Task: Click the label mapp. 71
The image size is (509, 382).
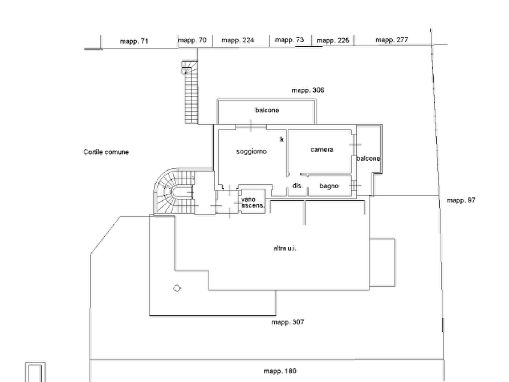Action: point(134,41)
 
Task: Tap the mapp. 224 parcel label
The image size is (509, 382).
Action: point(238,40)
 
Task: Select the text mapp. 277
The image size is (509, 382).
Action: point(392,40)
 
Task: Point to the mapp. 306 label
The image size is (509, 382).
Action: point(308,90)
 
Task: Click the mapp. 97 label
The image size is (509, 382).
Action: point(461,200)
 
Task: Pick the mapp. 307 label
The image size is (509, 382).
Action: point(288,322)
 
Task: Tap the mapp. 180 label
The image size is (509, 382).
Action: point(280,371)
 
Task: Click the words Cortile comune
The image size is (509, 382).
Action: point(106,152)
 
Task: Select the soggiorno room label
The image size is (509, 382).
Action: point(251,151)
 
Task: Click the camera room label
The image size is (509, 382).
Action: point(321,149)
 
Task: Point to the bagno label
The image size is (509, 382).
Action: point(329,186)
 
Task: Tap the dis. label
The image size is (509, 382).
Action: point(298,185)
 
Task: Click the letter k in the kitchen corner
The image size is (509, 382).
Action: point(282,139)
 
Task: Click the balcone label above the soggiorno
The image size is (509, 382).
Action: point(267,110)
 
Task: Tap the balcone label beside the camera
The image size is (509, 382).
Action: point(368,159)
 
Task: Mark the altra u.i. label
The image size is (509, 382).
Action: point(285,249)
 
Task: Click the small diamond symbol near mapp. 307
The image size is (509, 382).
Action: point(177,288)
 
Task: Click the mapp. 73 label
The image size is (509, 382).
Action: point(289,40)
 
